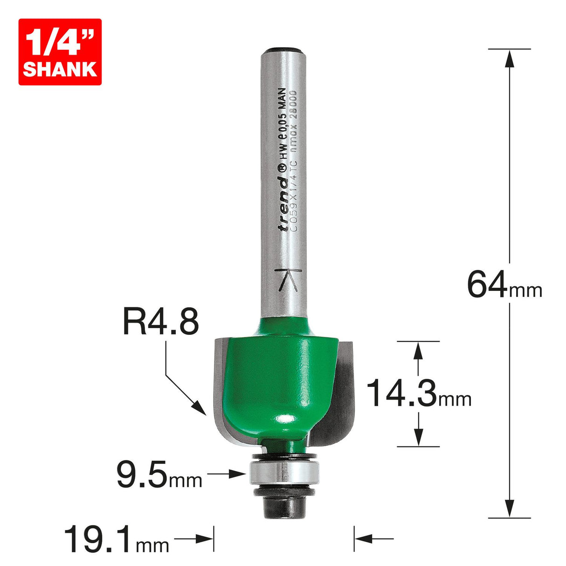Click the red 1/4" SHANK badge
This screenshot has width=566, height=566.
60,52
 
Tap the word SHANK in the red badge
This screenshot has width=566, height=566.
60,69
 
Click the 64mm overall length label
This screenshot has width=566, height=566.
504,286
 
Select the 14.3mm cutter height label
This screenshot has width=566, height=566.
419,393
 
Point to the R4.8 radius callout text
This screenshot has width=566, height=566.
161,323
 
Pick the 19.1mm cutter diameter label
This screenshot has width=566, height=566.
116,539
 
